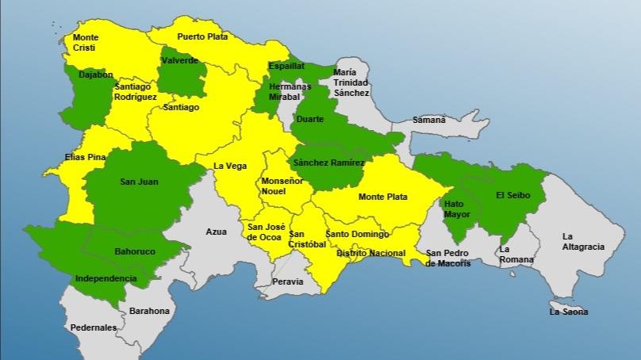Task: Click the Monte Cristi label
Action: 85,42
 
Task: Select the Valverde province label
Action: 180,60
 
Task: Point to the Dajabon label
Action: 95,75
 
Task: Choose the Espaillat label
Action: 286,66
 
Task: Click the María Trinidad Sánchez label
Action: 351,82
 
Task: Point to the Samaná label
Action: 428,120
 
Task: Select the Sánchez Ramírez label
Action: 328,163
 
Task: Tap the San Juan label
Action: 139,182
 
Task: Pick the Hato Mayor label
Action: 458,209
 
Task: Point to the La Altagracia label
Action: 583,241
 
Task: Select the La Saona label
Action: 569,312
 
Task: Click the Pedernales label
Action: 93,327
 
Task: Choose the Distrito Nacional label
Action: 370,254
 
